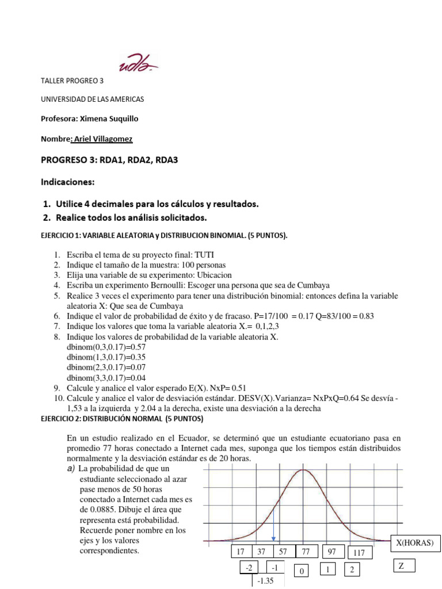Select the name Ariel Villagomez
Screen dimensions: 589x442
[106, 139]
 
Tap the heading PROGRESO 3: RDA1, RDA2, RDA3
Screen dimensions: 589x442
[109, 160]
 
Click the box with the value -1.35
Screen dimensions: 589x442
[265, 581]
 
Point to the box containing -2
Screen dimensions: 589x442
[249, 568]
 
